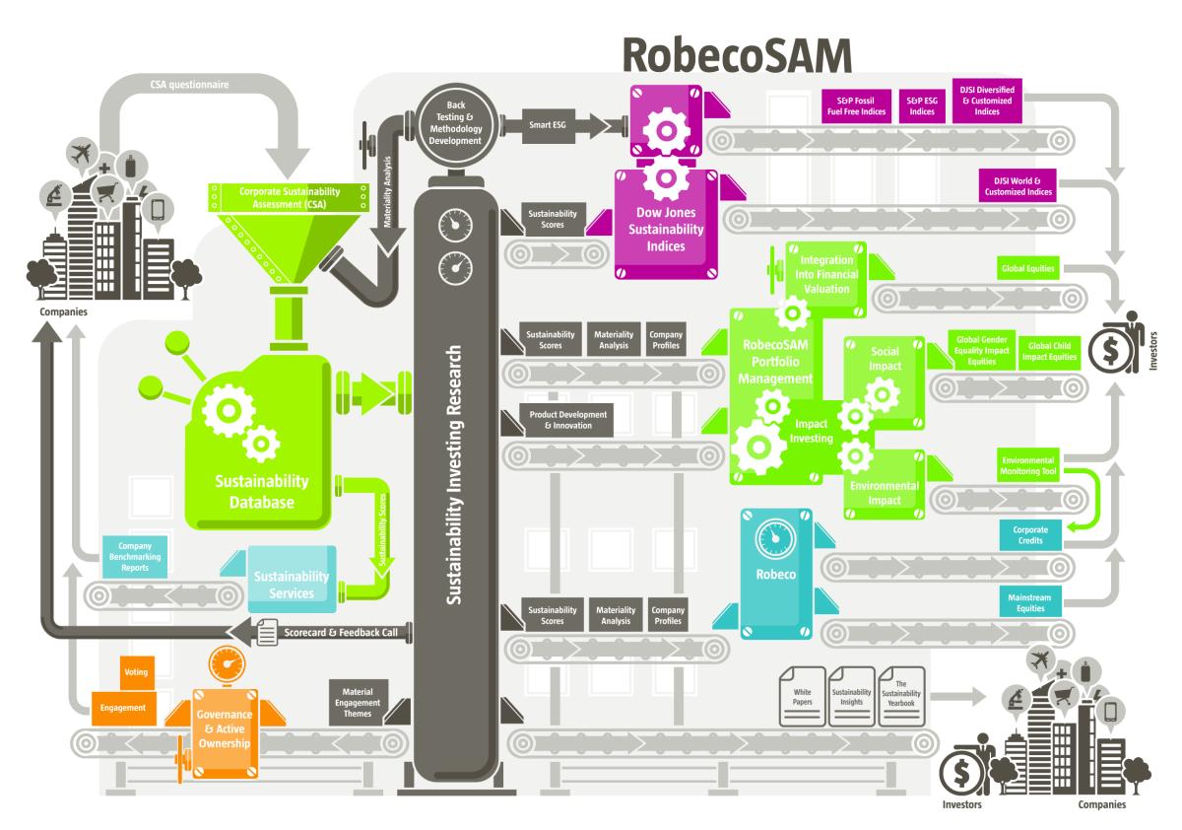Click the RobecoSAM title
click(737, 55)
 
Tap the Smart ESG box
click(548, 125)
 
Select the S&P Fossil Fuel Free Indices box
click(856, 106)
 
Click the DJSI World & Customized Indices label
click(1018, 186)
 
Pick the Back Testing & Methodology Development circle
click(456, 123)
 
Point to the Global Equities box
click(1028, 268)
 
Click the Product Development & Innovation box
click(567, 420)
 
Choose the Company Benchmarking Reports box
click(135, 557)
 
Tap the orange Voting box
click(137, 672)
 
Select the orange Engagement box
click(123, 708)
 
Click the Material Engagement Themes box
click(358, 703)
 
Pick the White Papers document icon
click(802, 696)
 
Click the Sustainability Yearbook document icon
click(901, 696)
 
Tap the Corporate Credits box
click(1030, 535)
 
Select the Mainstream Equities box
click(1030, 602)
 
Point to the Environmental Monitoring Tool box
click(1028, 465)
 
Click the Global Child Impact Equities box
click(1049, 352)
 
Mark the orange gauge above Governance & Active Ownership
click(227, 663)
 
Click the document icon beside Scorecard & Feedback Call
click(267, 632)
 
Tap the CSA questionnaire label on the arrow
click(189, 85)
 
